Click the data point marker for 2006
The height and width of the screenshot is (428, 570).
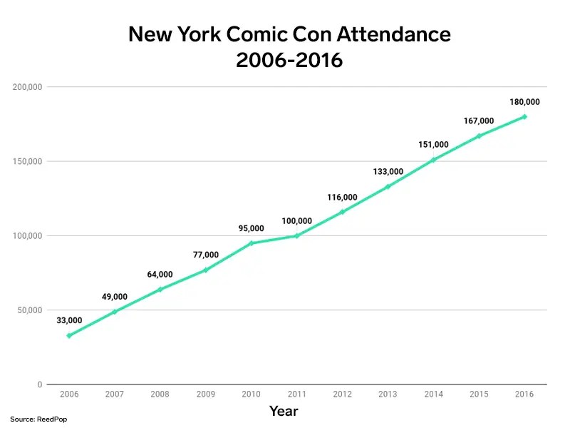pos(69,335)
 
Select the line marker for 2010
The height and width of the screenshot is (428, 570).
pos(252,243)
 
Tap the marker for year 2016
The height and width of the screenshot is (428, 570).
pos(524,117)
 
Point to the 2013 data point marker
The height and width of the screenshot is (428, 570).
pos(388,187)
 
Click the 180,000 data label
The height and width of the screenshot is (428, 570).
pos(524,102)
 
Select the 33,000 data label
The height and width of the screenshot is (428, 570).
pos(69,320)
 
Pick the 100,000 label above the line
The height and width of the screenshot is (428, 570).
pos(296,220)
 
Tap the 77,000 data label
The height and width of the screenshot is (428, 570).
pos(206,255)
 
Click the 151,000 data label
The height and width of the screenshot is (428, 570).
pos(433,145)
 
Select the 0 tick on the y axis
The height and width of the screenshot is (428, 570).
pos(40,384)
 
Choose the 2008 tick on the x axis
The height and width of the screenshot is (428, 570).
pos(160,394)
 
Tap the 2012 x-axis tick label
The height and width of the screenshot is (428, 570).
pos(342,394)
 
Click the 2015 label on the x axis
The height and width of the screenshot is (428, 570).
pos(479,394)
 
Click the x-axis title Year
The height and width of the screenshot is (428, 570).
pos(284,412)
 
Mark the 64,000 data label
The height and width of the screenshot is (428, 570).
pos(160,274)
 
